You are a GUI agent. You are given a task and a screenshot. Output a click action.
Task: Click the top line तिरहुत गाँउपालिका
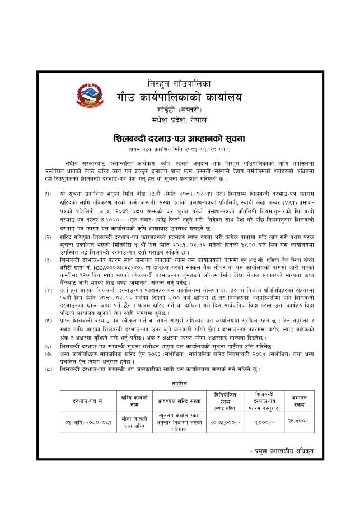pos(185,83)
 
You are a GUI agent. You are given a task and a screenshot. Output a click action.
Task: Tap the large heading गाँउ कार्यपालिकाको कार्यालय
pos(185,96)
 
